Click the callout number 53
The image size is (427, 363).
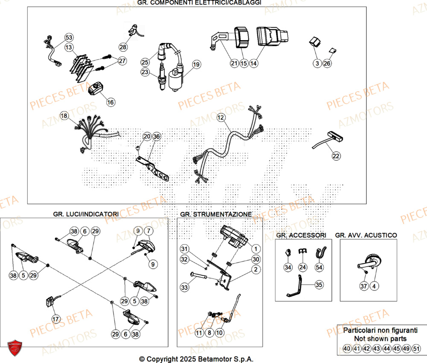tap(69, 38)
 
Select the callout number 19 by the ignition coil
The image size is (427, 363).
tap(196, 65)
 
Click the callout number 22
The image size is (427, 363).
tap(336, 157)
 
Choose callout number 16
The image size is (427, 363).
tap(111, 102)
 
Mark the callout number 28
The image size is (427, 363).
tap(123, 47)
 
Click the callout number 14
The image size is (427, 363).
tap(254, 64)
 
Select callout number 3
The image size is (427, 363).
tap(316, 64)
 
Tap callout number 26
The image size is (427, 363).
tap(327, 64)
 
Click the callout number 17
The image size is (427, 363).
tap(56, 318)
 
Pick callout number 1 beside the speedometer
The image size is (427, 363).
tap(255, 248)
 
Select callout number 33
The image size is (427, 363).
tap(184, 288)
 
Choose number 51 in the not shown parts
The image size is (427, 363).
tap(417, 348)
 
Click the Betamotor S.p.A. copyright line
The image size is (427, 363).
tap(196, 359)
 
